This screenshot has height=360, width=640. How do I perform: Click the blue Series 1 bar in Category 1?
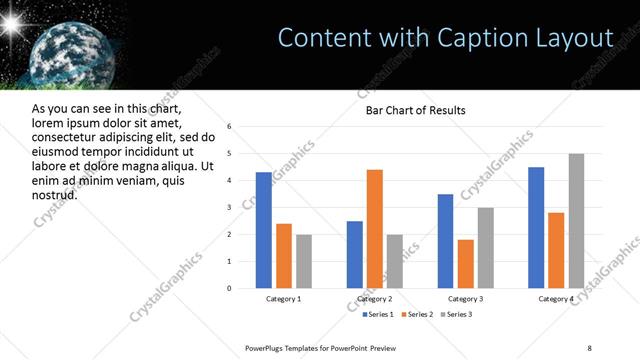pyautogui.click(x=263, y=230)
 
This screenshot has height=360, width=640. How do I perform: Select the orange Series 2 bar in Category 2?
pyautogui.click(x=375, y=229)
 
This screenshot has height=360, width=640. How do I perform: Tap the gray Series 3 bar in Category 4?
pyautogui.click(x=576, y=221)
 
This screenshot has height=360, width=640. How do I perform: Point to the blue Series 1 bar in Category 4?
pyautogui.click(x=536, y=227)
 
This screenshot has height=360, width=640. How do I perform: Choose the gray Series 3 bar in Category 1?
pyautogui.click(x=304, y=261)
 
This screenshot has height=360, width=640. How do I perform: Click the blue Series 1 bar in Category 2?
pyautogui.click(x=355, y=254)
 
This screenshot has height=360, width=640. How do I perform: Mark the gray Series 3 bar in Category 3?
pyautogui.click(x=486, y=248)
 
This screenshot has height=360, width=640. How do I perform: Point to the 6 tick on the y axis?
pyautogui.click(x=230, y=127)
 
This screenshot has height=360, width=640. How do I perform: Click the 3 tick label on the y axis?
pyautogui.click(x=230, y=208)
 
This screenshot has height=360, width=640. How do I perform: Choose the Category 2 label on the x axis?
pyautogui.click(x=375, y=299)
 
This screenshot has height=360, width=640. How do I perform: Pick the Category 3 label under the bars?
pyautogui.click(x=466, y=299)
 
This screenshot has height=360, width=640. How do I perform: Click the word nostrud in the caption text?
pyautogui.click(x=55, y=193)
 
